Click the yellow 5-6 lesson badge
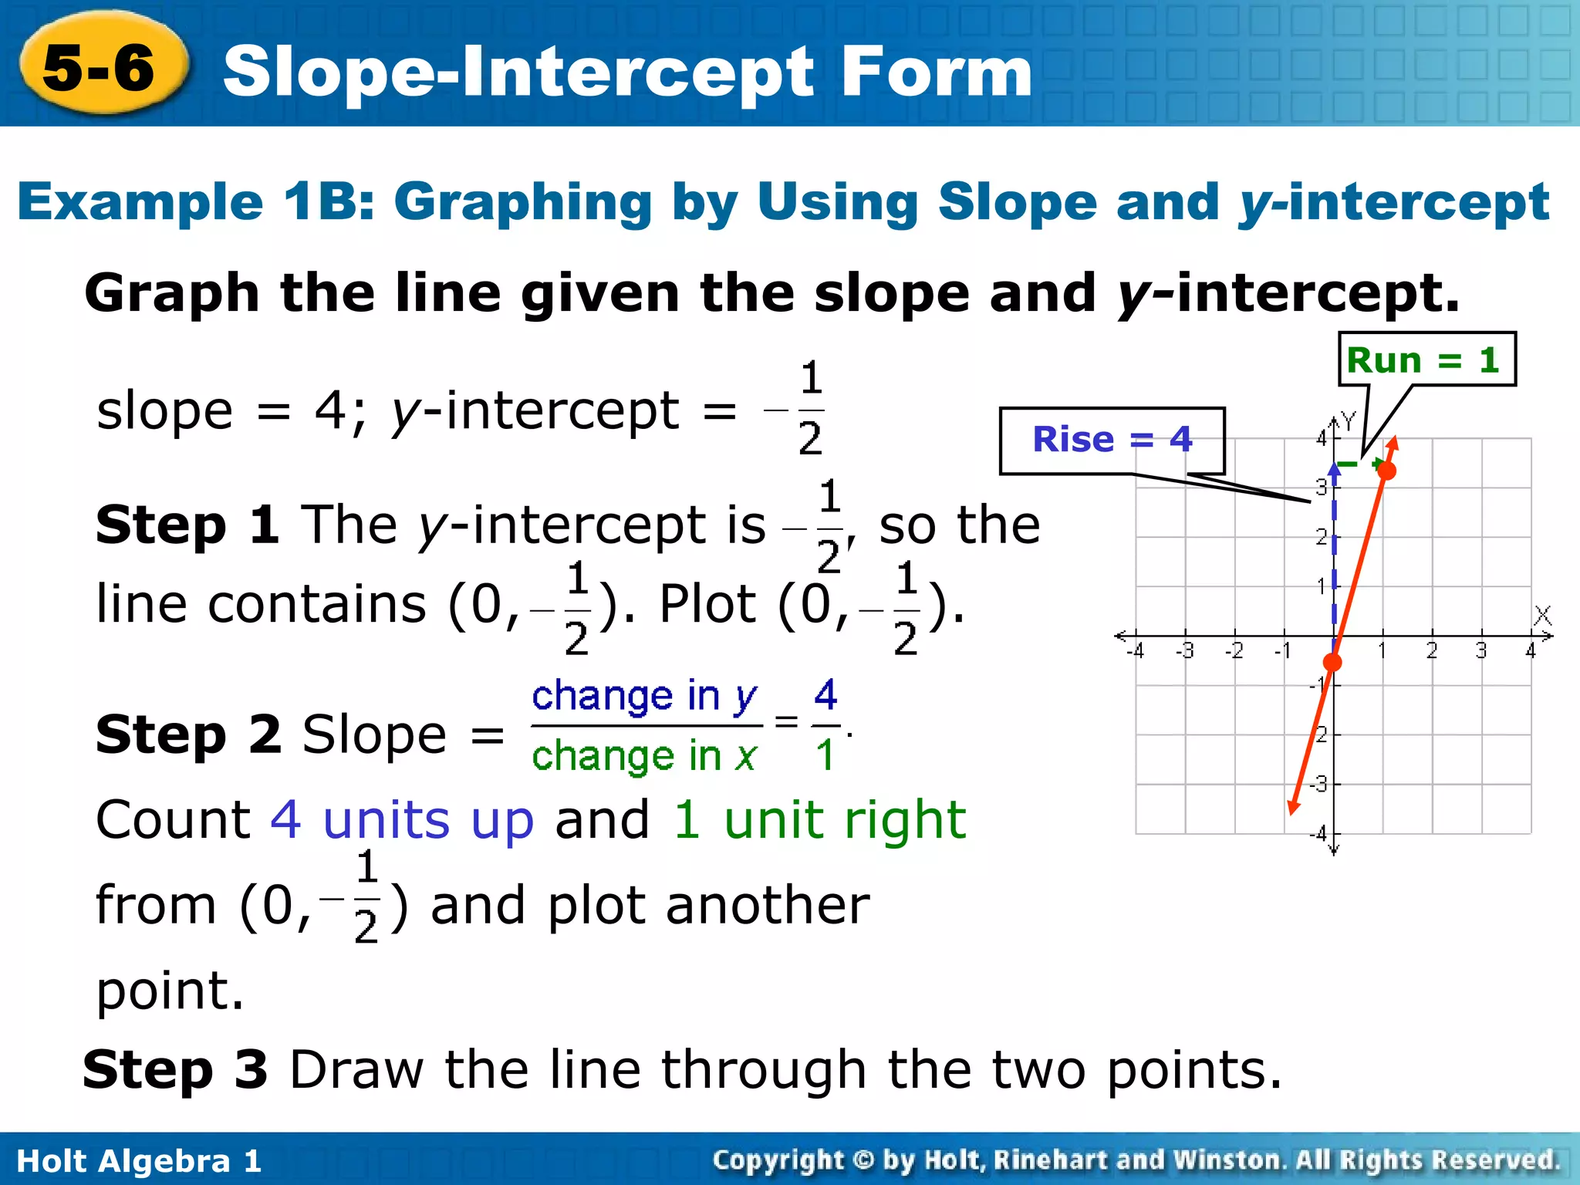click(101, 68)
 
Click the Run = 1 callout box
click(1426, 360)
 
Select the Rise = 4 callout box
click(1112, 440)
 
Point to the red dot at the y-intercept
click(1332, 662)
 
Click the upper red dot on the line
click(1386, 471)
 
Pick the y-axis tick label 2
click(1321, 536)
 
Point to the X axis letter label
click(1542, 615)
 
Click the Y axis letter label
click(1348, 420)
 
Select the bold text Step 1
click(187, 525)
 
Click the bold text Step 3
click(175, 1070)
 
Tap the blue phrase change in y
click(645, 696)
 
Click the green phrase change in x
click(645, 755)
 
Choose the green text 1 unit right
click(819, 819)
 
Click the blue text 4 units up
click(402, 819)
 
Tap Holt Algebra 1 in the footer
click(139, 1160)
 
